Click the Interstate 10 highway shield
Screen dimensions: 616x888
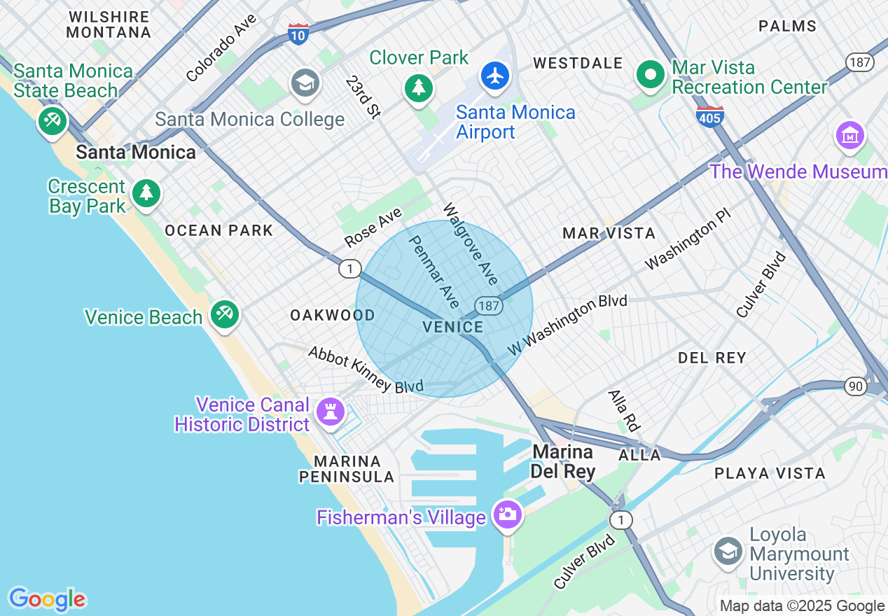click(x=298, y=34)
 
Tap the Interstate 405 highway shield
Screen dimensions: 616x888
click(x=709, y=116)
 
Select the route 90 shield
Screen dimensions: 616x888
click(x=856, y=386)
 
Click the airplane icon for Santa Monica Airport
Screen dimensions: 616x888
click(x=496, y=76)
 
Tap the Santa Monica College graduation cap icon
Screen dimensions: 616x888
click(x=305, y=83)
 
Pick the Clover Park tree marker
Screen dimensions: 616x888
click(x=418, y=87)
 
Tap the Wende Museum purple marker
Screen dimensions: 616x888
click(x=850, y=135)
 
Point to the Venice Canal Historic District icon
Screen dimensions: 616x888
click(x=331, y=411)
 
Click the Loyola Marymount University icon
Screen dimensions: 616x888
click(x=728, y=552)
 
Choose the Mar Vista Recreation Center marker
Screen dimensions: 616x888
click(x=651, y=74)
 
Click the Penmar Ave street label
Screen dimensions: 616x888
click(x=434, y=272)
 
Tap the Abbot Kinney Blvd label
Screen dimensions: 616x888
click(x=366, y=370)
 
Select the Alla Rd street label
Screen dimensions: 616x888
click(x=625, y=411)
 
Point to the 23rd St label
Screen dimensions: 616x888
click(x=363, y=96)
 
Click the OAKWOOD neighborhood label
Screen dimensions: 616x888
click(x=333, y=316)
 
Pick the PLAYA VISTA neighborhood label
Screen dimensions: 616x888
click(x=770, y=473)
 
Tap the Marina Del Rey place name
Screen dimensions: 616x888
click(x=562, y=461)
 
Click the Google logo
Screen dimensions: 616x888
click(x=47, y=599)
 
